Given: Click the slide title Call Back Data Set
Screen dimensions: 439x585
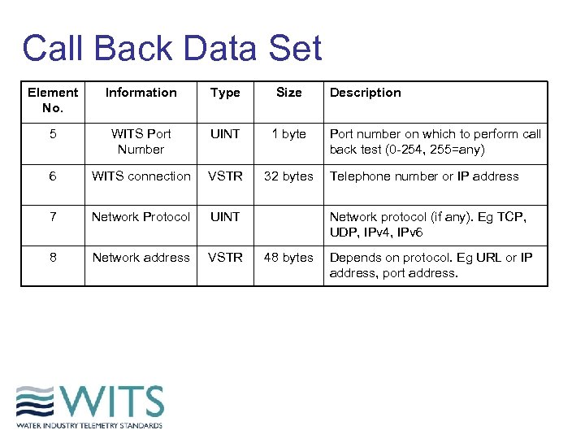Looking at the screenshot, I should pos(172,49).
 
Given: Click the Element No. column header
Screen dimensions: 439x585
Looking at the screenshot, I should pos(53,100).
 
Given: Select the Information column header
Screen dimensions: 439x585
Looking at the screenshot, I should pos(141,93).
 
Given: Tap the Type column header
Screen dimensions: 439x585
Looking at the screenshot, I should pos(225,93).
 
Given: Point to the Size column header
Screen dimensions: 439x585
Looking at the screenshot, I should pos(288,93).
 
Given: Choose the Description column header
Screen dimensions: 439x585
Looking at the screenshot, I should pos(365,93).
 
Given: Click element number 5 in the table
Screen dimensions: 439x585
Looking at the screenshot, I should pos(53,134).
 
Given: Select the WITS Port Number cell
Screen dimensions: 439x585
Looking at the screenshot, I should pos(141,141).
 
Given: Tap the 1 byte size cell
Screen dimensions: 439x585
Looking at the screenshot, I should pos(288,134).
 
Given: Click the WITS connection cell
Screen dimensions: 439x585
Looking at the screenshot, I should pos(141,176).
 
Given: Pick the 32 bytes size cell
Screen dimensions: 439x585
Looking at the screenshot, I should pos(288,176).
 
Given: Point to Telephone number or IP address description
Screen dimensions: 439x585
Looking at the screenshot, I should pos(423,176).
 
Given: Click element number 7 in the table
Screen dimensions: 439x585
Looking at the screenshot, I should pos(53,217).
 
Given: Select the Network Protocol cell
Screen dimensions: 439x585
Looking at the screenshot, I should pos(141,217).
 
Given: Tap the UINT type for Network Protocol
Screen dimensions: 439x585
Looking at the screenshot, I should pos(225,217).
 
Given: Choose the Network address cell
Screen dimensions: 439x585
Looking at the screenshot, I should pos(141,258).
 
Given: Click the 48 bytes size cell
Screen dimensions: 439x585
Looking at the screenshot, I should pos(288,258).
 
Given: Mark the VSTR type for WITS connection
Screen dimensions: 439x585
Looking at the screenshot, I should pos(225,176).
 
